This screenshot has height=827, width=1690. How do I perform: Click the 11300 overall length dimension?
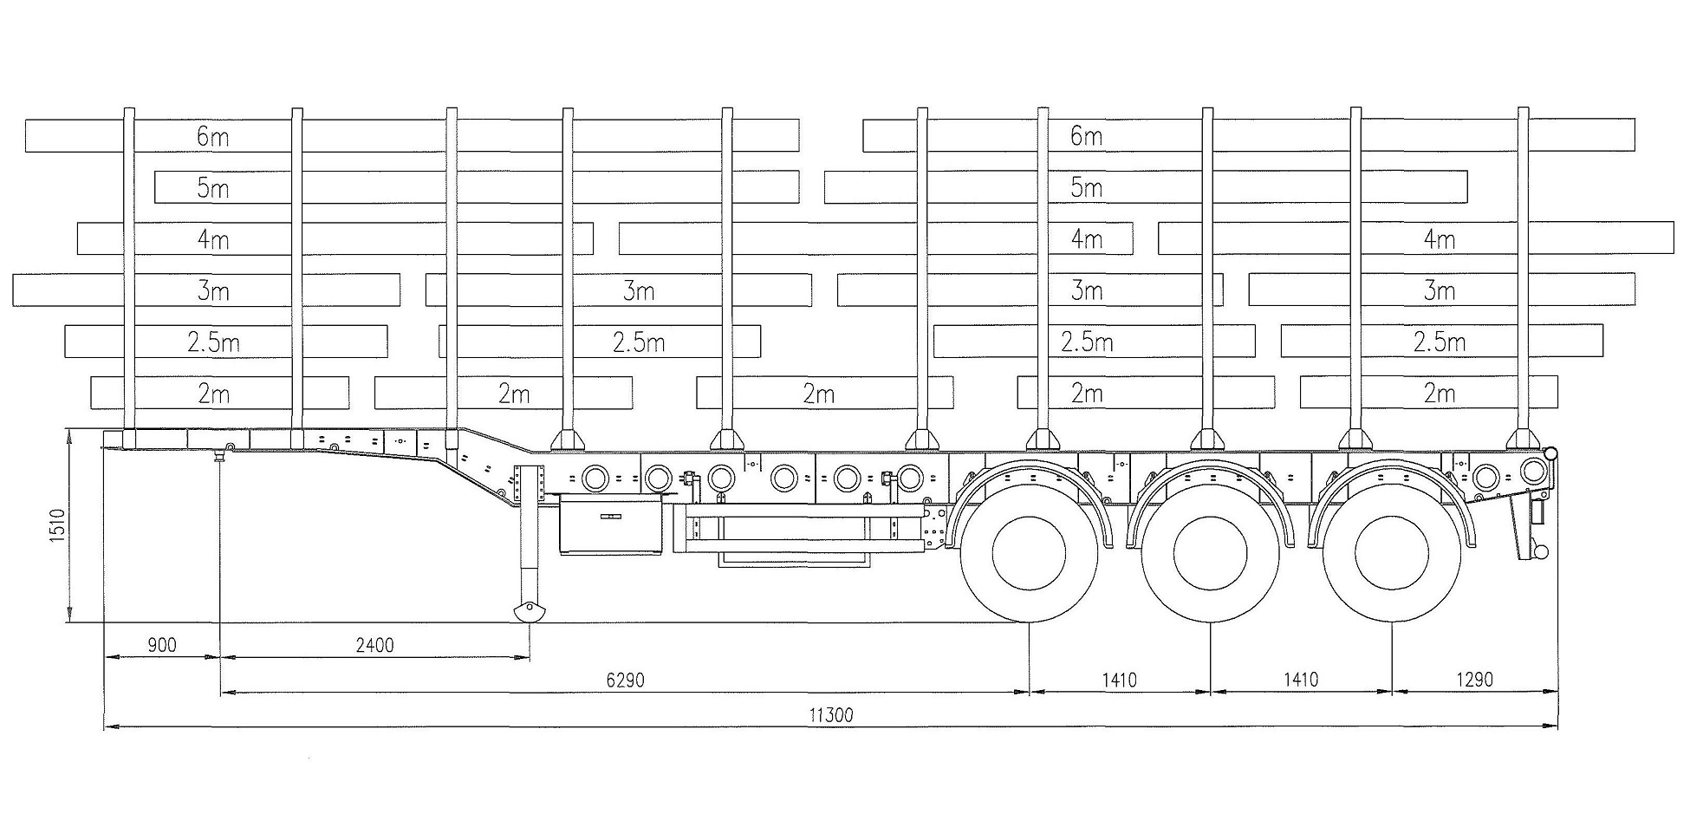click(830, 715)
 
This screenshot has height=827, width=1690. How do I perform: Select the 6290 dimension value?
click(625, 680)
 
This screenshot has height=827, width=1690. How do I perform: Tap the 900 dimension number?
click(162, 645)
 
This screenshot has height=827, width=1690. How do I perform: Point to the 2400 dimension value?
click(374, 645)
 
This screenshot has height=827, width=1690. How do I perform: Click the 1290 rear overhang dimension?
click(1474, 680)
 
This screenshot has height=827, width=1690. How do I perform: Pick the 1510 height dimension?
click(57, 525)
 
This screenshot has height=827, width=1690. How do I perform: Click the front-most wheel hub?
click(1029, 552)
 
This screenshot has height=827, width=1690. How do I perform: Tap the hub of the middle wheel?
click(1210, 552)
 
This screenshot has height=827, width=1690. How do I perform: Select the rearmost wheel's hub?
click(1392, 552)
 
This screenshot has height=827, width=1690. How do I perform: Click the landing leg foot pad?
click(529, 612)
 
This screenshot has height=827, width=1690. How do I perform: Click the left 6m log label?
click(213, 136)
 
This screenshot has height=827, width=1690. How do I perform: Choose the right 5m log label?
click(1086, 187)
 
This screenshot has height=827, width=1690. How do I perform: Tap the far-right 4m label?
click(1439, 238)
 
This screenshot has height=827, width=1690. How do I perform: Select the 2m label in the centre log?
click(818, 394)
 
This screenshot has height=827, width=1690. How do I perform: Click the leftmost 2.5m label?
click(213, 342)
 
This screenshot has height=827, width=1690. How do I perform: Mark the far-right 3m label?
click(1439, 290)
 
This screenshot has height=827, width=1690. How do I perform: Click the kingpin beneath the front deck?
click(221, 455)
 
